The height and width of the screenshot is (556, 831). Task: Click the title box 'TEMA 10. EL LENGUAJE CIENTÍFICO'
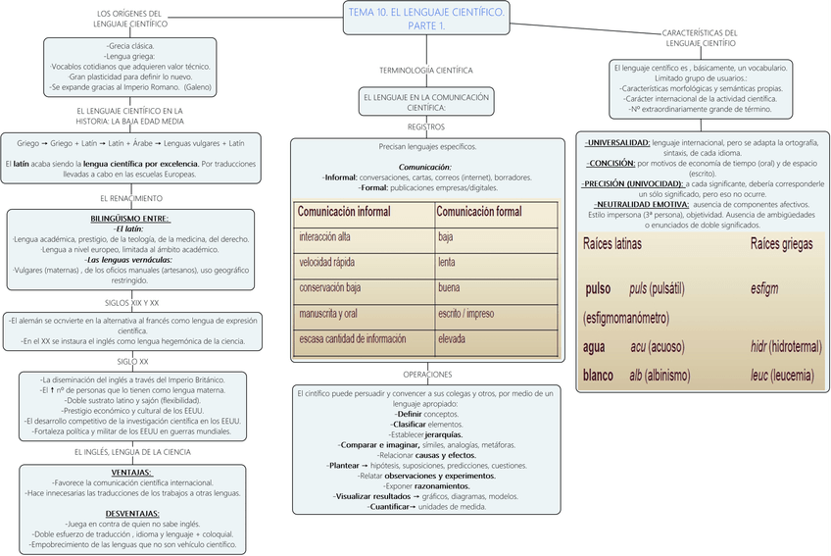click(x=426, y=18)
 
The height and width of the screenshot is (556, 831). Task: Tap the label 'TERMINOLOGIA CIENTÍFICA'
click(x=426, y=71)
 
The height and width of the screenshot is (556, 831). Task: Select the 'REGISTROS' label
click(x=426, y=127)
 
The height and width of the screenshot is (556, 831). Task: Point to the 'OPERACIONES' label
click(x=427, y=375)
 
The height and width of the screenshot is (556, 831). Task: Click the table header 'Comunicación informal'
click(x=344, y=212)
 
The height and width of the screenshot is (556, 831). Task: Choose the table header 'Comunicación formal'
click(x=478, y=212)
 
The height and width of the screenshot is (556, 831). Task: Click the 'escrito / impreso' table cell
click(x=466, y=313)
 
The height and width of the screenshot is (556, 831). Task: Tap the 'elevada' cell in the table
click(x=452, y=338)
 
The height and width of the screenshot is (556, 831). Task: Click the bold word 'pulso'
click(x=598, y=289)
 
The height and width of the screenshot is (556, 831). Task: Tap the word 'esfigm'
click(x=764, y=289)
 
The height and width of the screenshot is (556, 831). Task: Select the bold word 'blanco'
click(x=598, y=376)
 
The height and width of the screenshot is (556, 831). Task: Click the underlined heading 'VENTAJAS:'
click(x=131, y=473)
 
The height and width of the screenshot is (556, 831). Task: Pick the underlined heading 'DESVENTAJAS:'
click(x=132, y=513)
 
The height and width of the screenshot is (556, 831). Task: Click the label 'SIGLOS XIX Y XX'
click(x=131, y=303)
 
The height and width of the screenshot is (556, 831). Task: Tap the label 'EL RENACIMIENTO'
click(x=131, y=198)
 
